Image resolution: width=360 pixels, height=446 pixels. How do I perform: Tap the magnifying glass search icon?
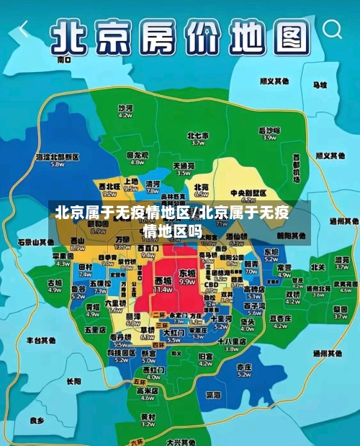pos(333,30)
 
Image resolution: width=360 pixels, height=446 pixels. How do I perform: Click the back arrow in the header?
pos(24,30)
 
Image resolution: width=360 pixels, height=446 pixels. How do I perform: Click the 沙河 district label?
pos(125,107)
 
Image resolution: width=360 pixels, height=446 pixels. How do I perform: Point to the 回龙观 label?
pos(138,155)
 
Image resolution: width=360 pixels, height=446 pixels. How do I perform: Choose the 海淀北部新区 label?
pos(57,156)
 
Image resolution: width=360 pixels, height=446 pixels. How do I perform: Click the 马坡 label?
pos(319,85)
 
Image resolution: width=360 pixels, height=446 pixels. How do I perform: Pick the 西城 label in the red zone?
pos(163,280)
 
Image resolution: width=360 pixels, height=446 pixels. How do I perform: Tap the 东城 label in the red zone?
pos(187,274)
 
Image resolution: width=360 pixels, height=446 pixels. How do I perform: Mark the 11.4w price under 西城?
pos(163,289)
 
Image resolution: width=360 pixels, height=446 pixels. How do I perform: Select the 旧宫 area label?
pos(206,356)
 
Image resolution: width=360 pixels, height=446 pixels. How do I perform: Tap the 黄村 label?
pos(148,416)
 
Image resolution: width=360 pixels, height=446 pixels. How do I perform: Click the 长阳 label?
pos(73,381)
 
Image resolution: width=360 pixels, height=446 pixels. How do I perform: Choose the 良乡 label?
pos(37,419)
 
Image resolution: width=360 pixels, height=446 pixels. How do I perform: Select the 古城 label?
pos(55,283)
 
